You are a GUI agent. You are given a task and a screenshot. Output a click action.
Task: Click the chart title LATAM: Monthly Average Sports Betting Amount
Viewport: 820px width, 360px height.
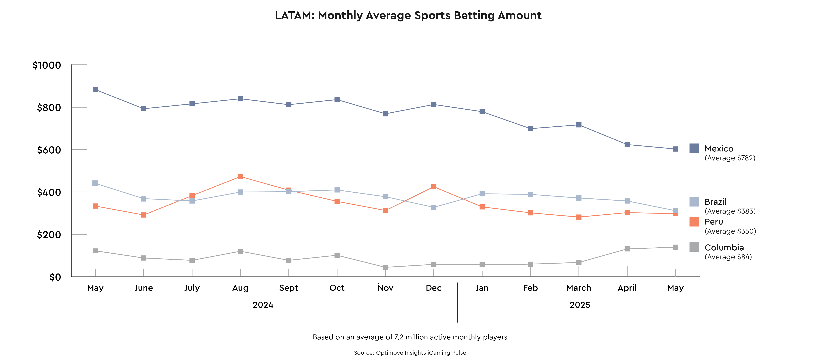coord(408,15)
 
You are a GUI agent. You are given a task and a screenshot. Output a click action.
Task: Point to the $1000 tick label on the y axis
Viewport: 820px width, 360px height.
coord(47,65)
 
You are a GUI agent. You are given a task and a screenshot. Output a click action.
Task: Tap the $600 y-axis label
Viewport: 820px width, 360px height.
coord(49,150)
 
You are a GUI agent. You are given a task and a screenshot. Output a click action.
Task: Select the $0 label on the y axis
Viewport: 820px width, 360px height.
coord(55,277)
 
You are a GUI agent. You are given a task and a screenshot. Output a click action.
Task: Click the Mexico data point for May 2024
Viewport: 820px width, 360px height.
coord(95,90)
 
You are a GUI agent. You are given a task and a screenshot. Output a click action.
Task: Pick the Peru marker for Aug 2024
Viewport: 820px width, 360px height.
coord(240,177)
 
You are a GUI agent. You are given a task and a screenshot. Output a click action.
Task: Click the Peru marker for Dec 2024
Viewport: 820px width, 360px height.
coord(434,187)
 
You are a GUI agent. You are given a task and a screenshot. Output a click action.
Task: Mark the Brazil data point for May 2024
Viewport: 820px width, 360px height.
coord(95,183)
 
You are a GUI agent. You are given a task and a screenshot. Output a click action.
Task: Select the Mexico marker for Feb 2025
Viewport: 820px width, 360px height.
coord(530,129)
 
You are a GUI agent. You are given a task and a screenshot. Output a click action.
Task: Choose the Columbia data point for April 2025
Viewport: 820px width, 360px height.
coord(627,249)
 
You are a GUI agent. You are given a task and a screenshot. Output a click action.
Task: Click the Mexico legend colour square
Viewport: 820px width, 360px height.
coord(694,148)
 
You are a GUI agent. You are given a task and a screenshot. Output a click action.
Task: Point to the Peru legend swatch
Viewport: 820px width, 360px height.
coord(694,222)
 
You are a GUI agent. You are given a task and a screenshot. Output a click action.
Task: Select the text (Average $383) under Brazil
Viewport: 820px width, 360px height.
coord(730,211)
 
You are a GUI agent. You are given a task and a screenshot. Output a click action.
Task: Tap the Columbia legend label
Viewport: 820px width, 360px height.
coord(724,247)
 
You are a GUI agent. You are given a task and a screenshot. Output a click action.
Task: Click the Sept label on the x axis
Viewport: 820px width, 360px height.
coord(289,288)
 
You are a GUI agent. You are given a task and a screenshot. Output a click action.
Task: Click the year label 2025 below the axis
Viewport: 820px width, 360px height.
coord(580,305)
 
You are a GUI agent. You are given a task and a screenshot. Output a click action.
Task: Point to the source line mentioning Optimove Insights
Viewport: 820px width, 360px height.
coord(410,353)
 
